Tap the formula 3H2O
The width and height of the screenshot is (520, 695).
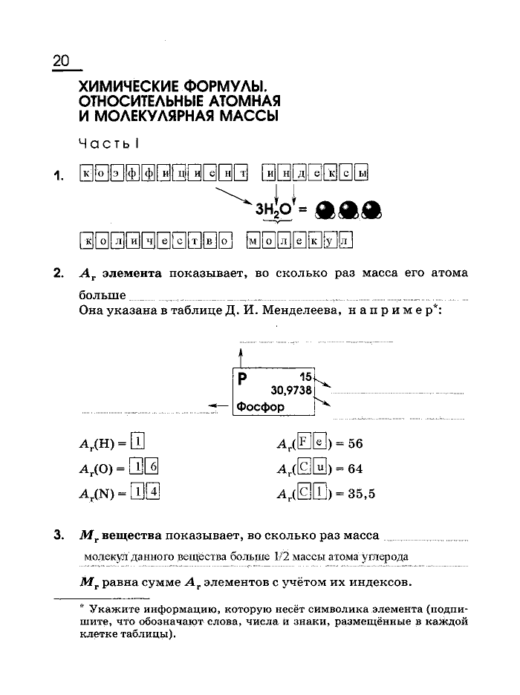coord(274,210)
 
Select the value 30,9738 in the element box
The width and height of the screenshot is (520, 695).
coord(292,390)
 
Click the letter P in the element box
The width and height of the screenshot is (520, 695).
coord(242,378)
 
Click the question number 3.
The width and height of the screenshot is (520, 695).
coord(57,535)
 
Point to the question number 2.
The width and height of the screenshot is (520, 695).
coord(57,273)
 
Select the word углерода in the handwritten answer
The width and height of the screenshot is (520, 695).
coord(380,556)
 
